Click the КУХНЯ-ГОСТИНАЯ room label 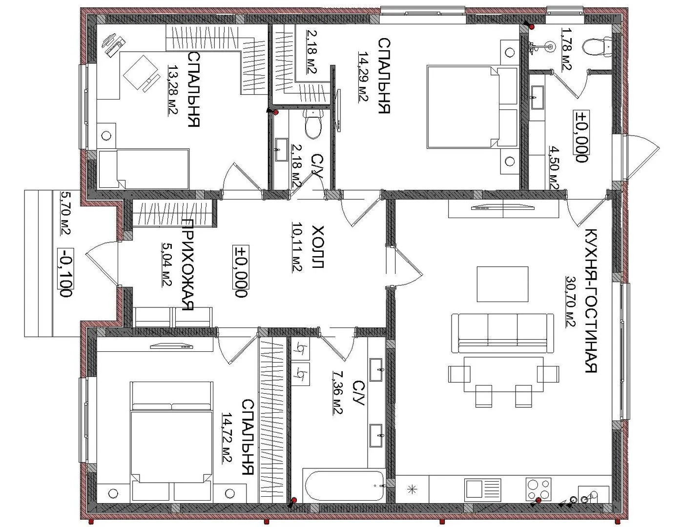[x=591, y=300]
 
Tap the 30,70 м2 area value [x=571, y=302]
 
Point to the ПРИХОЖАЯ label [x=187, y=265]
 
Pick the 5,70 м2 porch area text [x=65, y=213]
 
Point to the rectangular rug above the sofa [x=502, y=284]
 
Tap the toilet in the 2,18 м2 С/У [x=312, y=124]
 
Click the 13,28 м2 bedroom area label [x=173, y=91]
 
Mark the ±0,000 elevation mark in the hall [x=241, y=271]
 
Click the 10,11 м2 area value [x=297, y=247]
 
